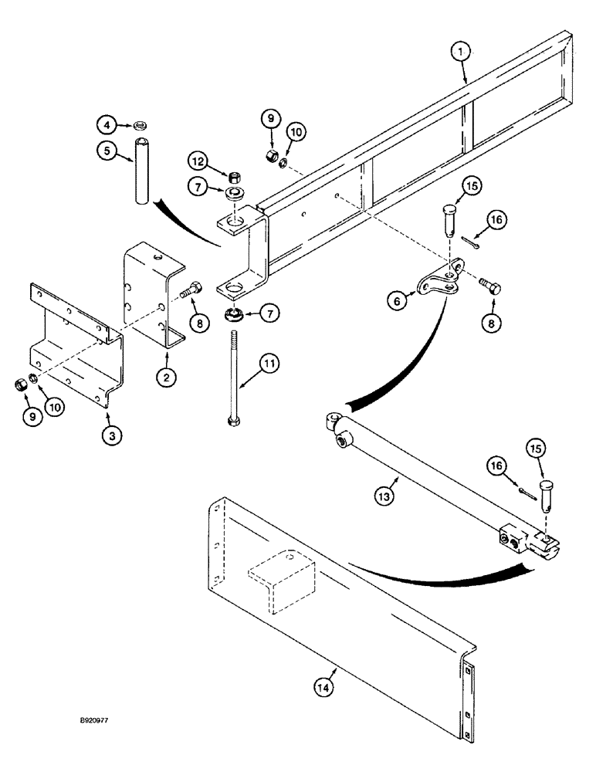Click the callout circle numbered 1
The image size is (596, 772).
[461, 51]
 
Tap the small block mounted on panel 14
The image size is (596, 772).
[282, 575]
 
